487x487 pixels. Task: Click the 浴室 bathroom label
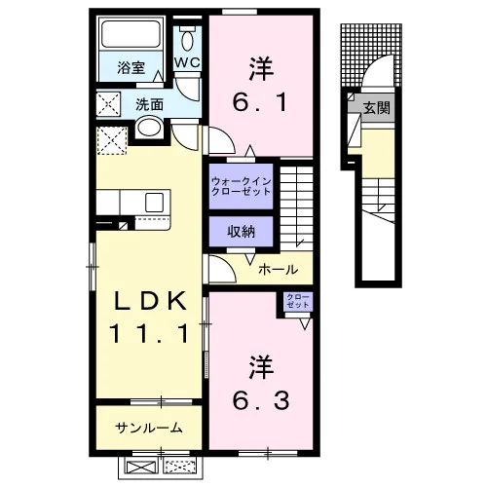(131, 68)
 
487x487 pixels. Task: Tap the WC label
(187, 62)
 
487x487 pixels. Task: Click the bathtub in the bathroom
(131, 34)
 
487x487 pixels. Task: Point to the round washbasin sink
(149, 128)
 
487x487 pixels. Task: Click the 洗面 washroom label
(149, 105)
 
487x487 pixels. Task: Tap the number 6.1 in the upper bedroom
(260, 102)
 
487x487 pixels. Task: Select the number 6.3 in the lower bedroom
(261, 400)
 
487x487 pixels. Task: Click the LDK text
(150, 301)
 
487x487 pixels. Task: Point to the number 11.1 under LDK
(150, 334)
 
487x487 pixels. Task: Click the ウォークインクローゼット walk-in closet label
(241, 186)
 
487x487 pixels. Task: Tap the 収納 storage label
(241, 232)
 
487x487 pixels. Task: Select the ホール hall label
(279, 269)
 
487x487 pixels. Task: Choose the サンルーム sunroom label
(149, 428)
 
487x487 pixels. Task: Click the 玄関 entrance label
(376, 107)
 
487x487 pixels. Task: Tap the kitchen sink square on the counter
(154, 203)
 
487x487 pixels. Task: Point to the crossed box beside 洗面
(108, 104)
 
